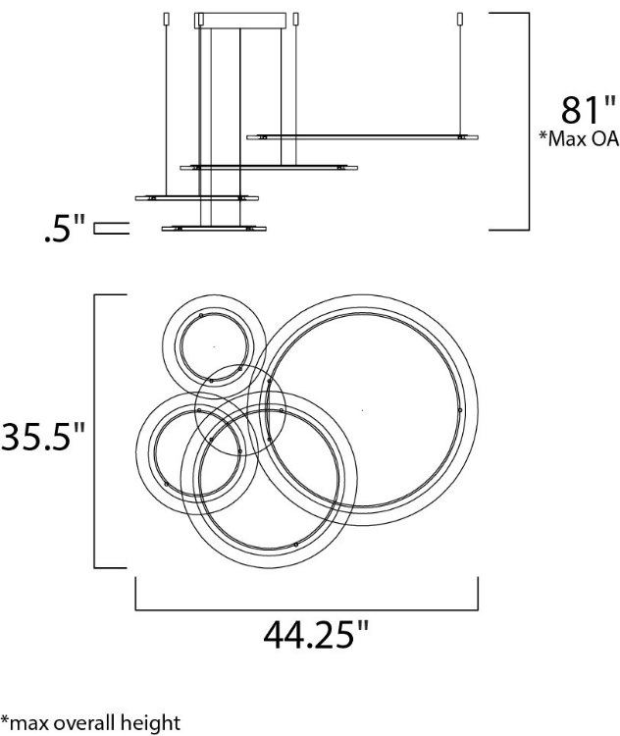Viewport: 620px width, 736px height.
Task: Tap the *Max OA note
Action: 578,137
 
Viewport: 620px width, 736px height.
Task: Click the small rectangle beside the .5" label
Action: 111,229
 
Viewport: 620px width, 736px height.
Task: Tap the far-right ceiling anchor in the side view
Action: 460,19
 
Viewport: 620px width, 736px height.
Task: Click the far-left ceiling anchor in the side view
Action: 165,19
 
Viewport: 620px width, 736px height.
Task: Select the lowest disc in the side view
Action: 214,229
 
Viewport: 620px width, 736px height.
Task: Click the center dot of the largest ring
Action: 363,410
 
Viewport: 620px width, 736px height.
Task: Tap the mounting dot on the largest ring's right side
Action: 459,410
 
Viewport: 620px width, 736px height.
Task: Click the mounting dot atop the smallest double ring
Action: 200,316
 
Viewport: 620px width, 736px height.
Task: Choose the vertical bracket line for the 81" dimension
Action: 530,121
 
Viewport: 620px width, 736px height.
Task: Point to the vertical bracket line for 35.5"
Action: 95,431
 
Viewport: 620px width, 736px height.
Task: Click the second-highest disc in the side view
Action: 269,168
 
